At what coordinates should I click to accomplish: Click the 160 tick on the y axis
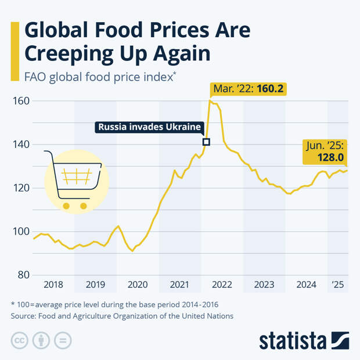(x=21, y=101)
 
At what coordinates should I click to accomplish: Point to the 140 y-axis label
(x=21, y=145)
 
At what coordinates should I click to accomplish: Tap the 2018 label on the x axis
(x=53, y=285)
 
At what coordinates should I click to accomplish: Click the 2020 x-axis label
(x=138, y=285)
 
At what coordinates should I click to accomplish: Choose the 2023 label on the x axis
(x=264, y=285)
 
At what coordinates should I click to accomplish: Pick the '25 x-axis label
(x=338, y=285)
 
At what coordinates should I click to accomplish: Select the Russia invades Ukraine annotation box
(x=149, y=127)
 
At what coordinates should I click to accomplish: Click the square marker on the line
(x=206, y=142)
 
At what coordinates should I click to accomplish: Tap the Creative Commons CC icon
(x=20, y=340)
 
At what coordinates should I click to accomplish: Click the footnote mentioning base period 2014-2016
(x=114, y=304)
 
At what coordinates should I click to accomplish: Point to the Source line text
(x=122, y=316)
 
